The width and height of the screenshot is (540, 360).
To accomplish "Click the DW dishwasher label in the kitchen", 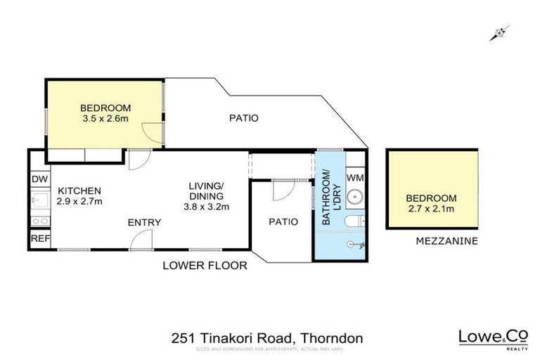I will coord(39,179).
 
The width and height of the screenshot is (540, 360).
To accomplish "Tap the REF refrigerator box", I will coord(39,239).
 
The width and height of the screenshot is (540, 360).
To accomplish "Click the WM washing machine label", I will coord(355,176).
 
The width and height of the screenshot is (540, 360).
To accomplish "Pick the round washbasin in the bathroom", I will coord(355,198).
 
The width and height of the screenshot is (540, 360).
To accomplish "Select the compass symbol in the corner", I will coord(500,32).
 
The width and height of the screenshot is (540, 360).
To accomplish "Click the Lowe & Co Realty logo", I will coord(492,339).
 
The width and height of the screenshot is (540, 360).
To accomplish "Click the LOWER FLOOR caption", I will coord(205,266).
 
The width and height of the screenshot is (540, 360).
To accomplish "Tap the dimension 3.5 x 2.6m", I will coord(105,119).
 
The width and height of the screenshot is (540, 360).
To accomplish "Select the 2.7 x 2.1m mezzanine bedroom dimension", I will coord(432,210).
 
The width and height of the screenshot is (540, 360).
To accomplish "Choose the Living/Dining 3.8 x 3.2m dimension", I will coord(206,207).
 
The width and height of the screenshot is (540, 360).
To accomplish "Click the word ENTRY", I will coord(144,223).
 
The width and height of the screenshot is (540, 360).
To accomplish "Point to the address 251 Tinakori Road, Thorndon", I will coord(267,339).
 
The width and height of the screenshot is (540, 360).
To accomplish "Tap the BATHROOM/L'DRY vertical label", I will coord(326,198).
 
